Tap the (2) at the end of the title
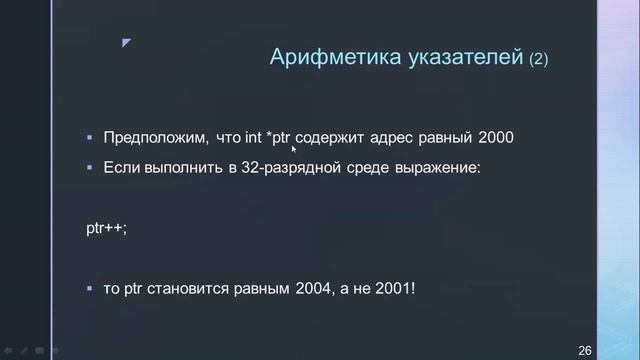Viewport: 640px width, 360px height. pyautogui.click(x=539, y=59)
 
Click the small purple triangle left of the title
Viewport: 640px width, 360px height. pyautogui.click(x=126, y=43)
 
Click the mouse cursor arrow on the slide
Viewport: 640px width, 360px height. pyautogui.click(x=294, y=149)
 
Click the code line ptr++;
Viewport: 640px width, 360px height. pyautogui.click(x=107, y=228)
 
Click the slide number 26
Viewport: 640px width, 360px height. pyautogui.click(x=586, y=349)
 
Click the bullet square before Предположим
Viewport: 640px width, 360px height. pyautogui.click(x=90, y=137)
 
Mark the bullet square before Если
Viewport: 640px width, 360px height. pyautogui.click(x=90, y=166)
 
